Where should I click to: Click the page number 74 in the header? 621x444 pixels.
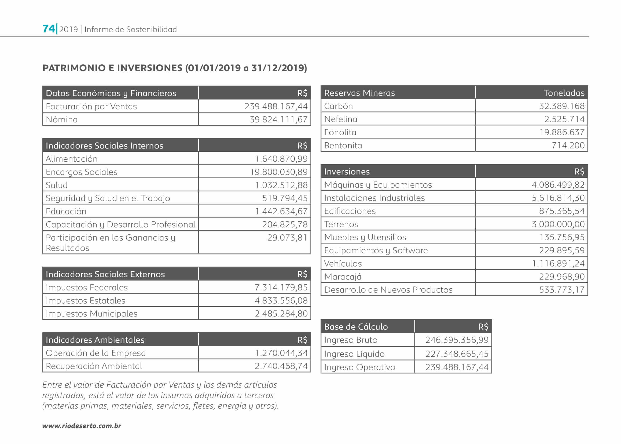click(49, 29)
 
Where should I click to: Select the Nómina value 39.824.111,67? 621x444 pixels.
click(278, 119)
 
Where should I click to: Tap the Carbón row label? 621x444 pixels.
click(338, 106)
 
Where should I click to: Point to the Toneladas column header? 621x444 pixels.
click(564, 93)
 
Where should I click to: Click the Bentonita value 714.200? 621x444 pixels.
click(568, 145)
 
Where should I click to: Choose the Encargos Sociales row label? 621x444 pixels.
click(82, 172)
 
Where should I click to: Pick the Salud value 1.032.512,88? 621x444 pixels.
click(281, 185)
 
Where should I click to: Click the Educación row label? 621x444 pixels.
click(66, 211)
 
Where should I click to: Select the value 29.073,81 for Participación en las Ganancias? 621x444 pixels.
click(287, 238)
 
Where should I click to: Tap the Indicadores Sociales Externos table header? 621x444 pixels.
click(105, 274)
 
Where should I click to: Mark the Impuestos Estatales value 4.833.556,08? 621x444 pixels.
click(281, 300)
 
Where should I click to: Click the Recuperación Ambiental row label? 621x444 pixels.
click(94, 366)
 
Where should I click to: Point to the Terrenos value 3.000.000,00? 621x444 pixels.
click(558, 224)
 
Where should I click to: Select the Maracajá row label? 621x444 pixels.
click(343, 277)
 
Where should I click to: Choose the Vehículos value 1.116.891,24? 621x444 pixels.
click(558, 264)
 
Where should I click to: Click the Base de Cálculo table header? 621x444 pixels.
click(356, 327)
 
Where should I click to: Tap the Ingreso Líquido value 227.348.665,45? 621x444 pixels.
click(457, 354)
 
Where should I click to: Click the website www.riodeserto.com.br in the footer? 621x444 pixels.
click(82, 426)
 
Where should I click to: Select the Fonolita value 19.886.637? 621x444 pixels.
click(562, 132)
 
